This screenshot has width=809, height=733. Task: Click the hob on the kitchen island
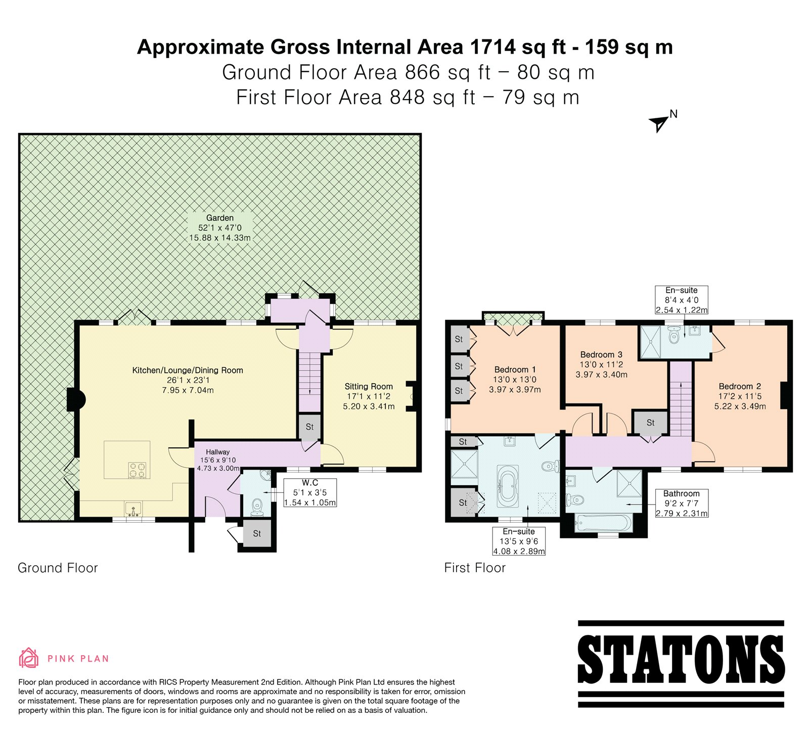click(138, 470)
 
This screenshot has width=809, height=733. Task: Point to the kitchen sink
click(133, 508)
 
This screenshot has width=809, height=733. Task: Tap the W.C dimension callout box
click(310, 493)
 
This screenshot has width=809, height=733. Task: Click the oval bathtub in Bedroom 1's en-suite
click(507, 486)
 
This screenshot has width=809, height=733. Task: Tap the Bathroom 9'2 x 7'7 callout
click(682, 503)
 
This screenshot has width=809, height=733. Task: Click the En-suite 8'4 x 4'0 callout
click(682, 300)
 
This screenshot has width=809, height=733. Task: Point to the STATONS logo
click(681, 664)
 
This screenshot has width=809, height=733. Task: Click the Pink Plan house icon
click(28, 658)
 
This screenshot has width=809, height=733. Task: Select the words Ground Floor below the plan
click(58, 568)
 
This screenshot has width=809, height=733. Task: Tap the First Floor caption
click(475, 568)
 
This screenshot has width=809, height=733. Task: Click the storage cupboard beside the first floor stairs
click(650, 423)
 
